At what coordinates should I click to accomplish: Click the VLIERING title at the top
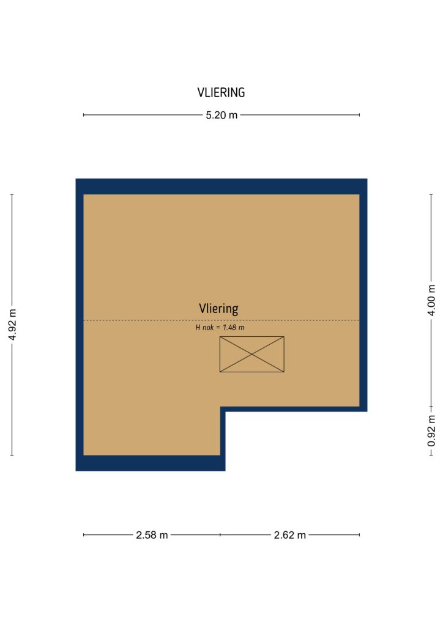click(221, 93)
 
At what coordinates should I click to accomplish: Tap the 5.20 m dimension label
click(221, 115)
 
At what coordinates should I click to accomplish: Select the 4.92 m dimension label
click(12, 325)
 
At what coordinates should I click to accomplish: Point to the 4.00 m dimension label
click(431, 301)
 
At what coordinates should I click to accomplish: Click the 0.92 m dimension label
click(431, 431)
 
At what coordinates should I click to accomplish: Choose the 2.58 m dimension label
click(152, 535)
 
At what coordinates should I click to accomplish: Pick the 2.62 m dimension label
click(290, 535)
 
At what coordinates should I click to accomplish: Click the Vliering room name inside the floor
click(218, 309)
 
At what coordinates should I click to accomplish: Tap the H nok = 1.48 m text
click(220, 328)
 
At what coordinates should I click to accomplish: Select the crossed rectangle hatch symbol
click(252, 355)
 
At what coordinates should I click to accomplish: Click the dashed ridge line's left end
click(84, 320)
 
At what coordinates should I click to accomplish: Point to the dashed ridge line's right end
click(359, 320)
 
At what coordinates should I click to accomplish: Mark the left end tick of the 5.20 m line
click(84, 115)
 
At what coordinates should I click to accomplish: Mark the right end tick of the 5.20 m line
click(359, 115)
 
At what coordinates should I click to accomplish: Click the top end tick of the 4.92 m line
click(12, 194)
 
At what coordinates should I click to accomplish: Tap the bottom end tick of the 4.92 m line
click(12, 455)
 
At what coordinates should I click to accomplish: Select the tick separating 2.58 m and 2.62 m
click(220, 535)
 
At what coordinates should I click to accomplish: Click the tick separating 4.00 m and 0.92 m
click(431, 407)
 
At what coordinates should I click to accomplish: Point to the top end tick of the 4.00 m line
click(431, 194)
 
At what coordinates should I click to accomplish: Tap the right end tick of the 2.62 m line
click(359, 535)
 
